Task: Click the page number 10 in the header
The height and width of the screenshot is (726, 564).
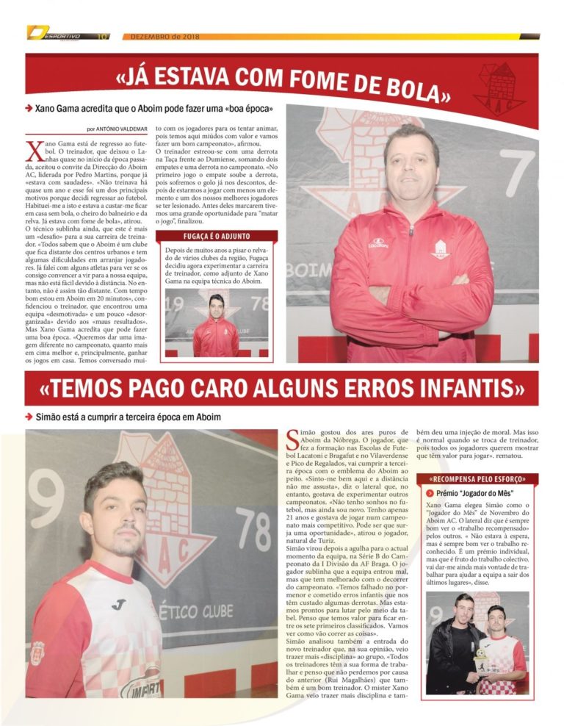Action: coord(104,35)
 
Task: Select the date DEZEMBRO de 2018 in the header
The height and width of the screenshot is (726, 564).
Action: coord(159,35)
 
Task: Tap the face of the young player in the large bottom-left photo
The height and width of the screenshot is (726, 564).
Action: coord(115,514)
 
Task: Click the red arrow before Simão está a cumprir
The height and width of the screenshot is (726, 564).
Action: coord(28,417)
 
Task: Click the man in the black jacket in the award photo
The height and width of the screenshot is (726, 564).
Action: coord(455,647)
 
